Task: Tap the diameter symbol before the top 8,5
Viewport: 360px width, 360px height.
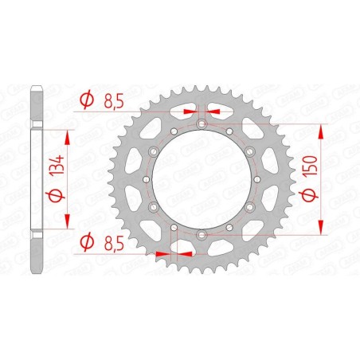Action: [x=89, y=100]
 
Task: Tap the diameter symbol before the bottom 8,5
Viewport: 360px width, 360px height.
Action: [x=89, y=240]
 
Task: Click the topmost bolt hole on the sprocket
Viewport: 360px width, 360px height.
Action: [x=202, y=125]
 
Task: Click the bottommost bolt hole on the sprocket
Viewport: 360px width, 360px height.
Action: [x=202, y=235]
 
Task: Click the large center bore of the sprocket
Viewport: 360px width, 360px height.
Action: [x=202, y=180]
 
